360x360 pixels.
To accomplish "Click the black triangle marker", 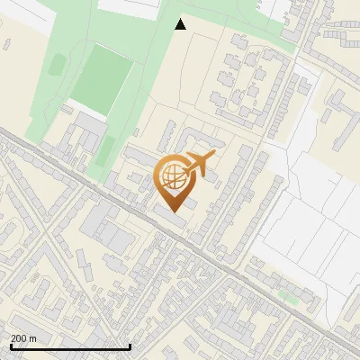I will click(x=181, y=24).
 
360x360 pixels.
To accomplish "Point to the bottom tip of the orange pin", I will click(x=173, y=211).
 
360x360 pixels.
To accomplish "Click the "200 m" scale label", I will click(x=23, y=337).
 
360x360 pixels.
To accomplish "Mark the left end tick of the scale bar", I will click(x=10, y=346).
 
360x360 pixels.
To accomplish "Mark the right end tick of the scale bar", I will click(x=130, y=346).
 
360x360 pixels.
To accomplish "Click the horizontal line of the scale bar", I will click(x=70, y=346).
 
